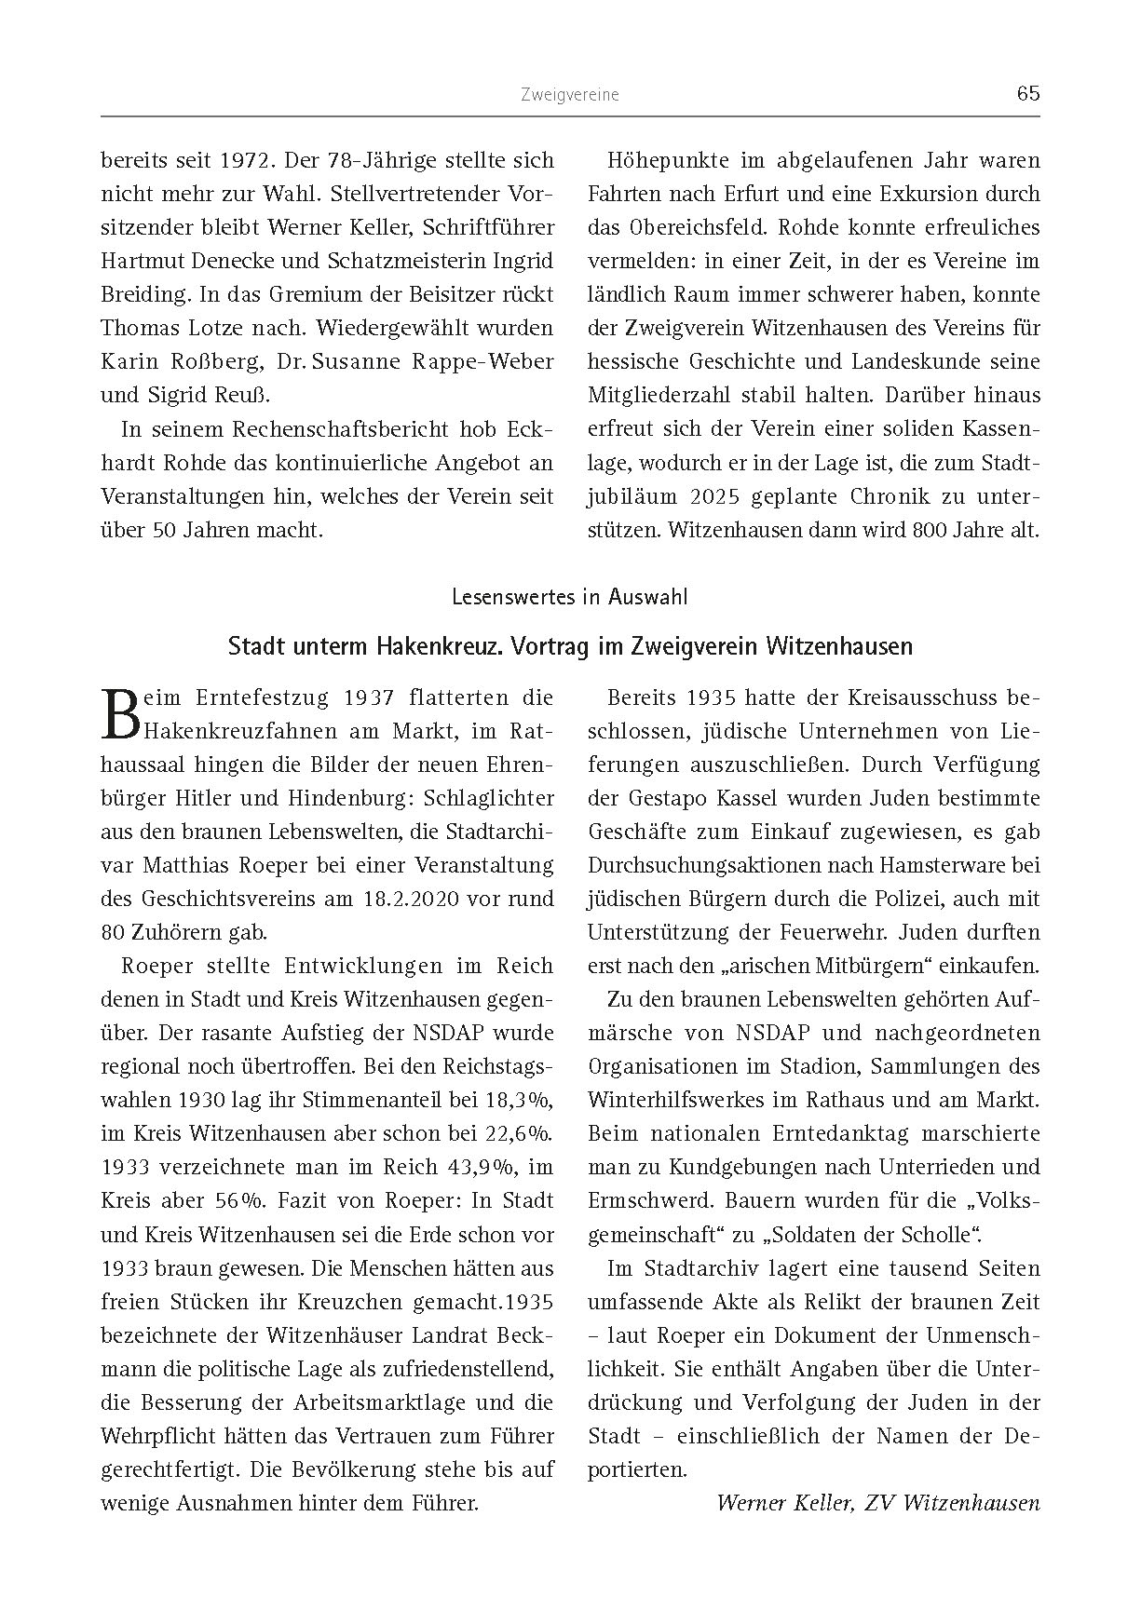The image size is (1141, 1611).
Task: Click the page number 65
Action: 1027,93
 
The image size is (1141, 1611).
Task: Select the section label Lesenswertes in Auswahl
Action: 569,597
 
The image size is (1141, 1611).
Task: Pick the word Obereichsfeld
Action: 688,227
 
